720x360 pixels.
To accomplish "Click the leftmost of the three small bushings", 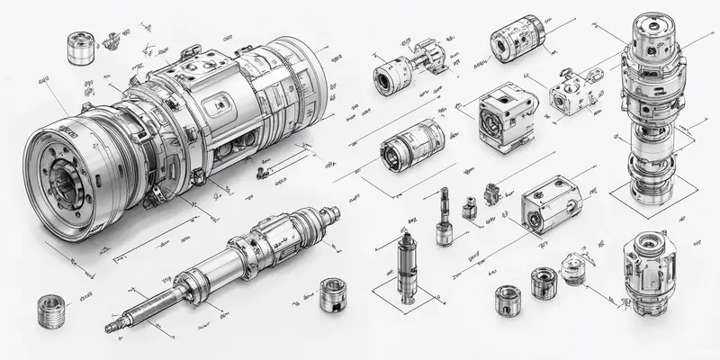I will point(507,300).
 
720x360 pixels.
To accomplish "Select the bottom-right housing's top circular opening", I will point(648,246).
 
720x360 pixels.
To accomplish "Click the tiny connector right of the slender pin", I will point(468,209).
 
